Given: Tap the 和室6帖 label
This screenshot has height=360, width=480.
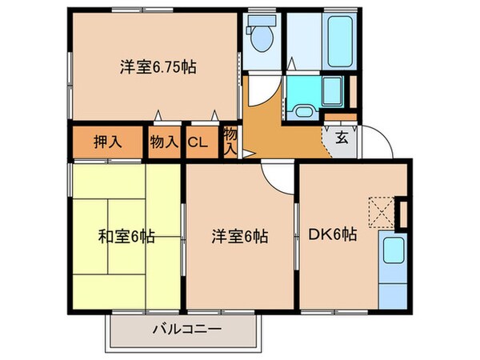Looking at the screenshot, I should [126, 237].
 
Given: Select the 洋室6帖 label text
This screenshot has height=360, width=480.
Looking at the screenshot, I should [240, 237].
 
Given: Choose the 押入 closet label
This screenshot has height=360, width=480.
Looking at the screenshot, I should [109, 142].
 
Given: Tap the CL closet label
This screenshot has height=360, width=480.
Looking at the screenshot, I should [197, 143].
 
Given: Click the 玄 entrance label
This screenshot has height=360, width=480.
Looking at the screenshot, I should [341, 136].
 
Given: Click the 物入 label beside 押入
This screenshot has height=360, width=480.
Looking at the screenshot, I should [163, 142].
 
